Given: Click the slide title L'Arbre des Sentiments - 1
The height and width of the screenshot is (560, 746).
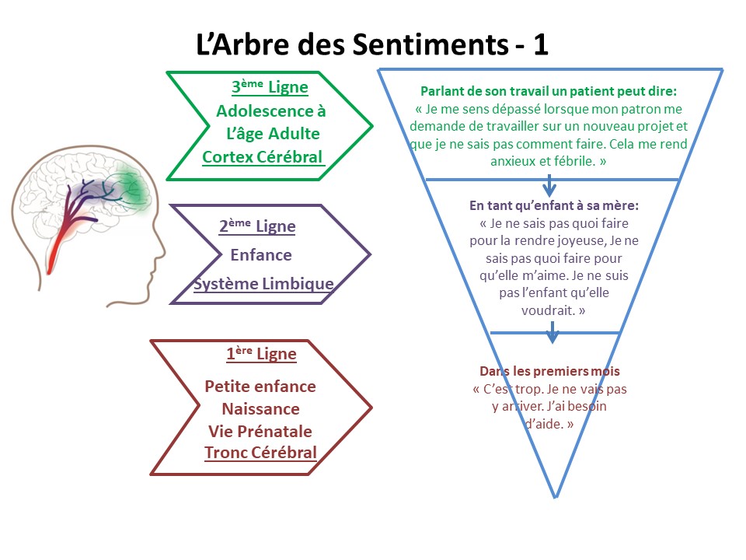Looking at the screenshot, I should (372, 44).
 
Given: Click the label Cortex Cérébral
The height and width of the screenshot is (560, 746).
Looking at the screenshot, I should (262, 157).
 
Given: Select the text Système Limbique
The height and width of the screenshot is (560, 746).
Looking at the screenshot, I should (263, 284).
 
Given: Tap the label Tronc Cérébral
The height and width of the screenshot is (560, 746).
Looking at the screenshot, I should (260, 453).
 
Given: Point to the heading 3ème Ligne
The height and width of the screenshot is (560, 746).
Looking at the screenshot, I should (270, 87).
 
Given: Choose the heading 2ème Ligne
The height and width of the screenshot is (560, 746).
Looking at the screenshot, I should (257, 226).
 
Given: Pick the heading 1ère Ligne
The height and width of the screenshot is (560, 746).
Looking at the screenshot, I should (261, 354).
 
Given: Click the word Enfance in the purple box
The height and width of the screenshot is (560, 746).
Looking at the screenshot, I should (261, 254).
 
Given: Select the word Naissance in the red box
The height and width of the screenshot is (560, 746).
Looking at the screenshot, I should (260, 408).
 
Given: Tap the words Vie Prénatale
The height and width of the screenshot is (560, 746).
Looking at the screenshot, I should (260, 431).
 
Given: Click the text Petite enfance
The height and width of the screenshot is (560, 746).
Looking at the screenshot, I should (260, 386).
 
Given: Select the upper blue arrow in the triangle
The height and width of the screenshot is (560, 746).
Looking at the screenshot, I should (549, 185).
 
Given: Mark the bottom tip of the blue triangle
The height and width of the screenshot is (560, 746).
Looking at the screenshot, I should (555, 496).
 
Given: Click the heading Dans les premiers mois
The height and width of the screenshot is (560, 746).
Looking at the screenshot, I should (549, 372).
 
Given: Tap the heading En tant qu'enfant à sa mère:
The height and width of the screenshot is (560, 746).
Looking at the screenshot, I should (554, 205).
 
